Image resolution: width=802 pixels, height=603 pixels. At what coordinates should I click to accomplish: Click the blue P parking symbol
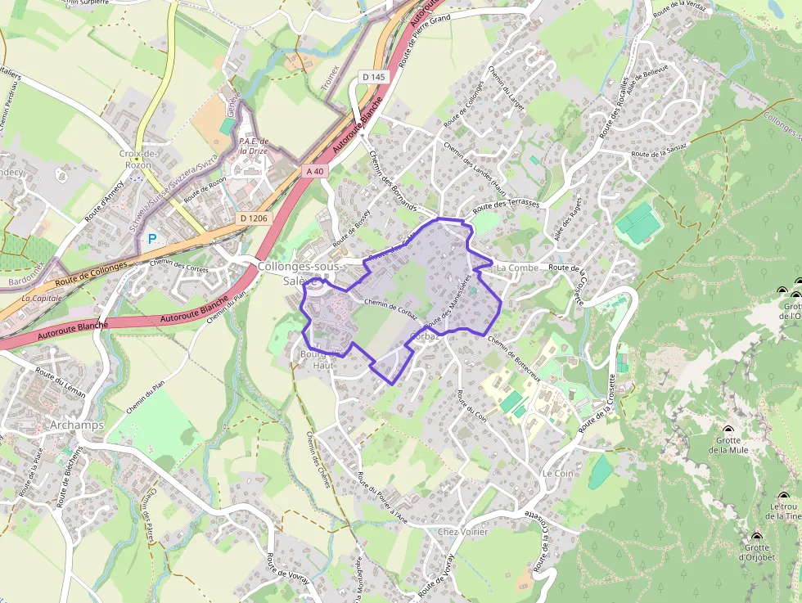coord(151,240)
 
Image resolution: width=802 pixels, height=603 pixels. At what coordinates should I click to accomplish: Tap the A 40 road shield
coord(316,171)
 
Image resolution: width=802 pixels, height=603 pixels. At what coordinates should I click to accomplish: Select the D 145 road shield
coord(372,77)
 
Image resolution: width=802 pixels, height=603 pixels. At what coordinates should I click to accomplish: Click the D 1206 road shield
coord(255,218)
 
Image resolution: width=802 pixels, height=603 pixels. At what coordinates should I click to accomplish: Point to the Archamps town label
coord(77,425)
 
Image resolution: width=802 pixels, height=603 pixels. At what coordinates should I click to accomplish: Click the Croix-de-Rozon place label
coord(137,159)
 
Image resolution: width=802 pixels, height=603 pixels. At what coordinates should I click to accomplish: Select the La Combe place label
coord(517,268)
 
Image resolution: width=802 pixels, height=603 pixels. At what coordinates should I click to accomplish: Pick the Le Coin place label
coord(557,474)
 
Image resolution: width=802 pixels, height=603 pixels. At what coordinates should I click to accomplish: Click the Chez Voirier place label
coord(462,532)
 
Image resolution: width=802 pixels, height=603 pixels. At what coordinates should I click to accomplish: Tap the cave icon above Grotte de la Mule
coord(728,430)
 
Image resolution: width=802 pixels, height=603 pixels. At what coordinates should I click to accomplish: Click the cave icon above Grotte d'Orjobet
coord(756,537)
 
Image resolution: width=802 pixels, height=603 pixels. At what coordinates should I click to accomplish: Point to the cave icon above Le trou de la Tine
coord(784,496)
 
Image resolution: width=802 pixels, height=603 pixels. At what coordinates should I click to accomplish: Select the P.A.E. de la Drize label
coord(254,146)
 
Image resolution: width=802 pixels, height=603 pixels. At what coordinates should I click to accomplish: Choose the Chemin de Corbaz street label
coord(390,309)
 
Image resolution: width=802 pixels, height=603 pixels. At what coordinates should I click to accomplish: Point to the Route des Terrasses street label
coord(506,206)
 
